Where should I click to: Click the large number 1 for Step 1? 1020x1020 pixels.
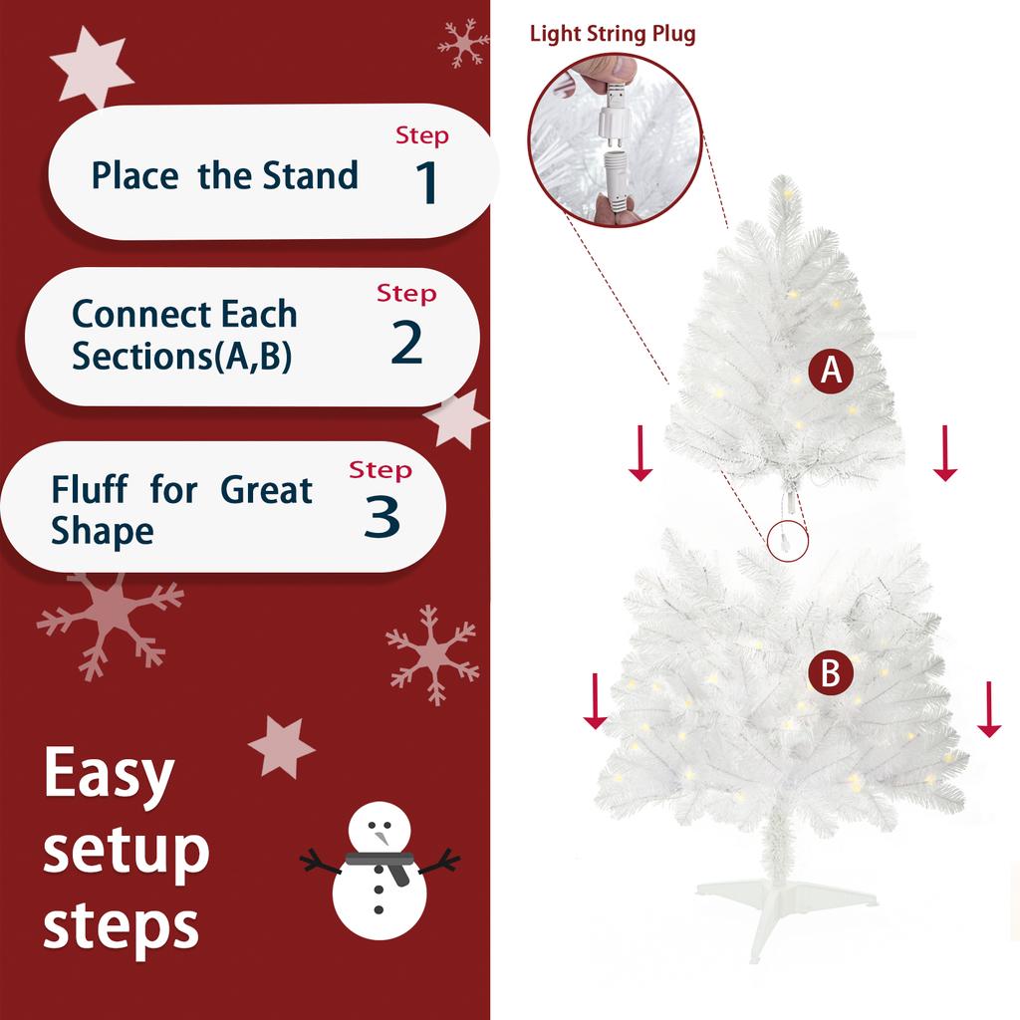tap(426, 182)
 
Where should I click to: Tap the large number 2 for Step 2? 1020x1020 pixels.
tap(406, 342)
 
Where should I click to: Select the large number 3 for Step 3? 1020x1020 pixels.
tap(382, 516)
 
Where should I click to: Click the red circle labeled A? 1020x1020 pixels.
tap(831, 372)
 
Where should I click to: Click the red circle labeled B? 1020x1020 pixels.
tap(830, 674)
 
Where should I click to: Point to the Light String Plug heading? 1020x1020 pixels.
tap(612, 34)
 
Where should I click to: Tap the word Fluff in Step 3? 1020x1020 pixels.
tap(89, 490)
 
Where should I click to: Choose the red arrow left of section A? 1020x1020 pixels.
tap(640, 452)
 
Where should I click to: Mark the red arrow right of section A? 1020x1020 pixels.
tap(944, 452)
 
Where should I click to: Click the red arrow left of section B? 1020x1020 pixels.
tap(596, 701)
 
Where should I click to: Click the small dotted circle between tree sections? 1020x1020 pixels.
tap(788, 539)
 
